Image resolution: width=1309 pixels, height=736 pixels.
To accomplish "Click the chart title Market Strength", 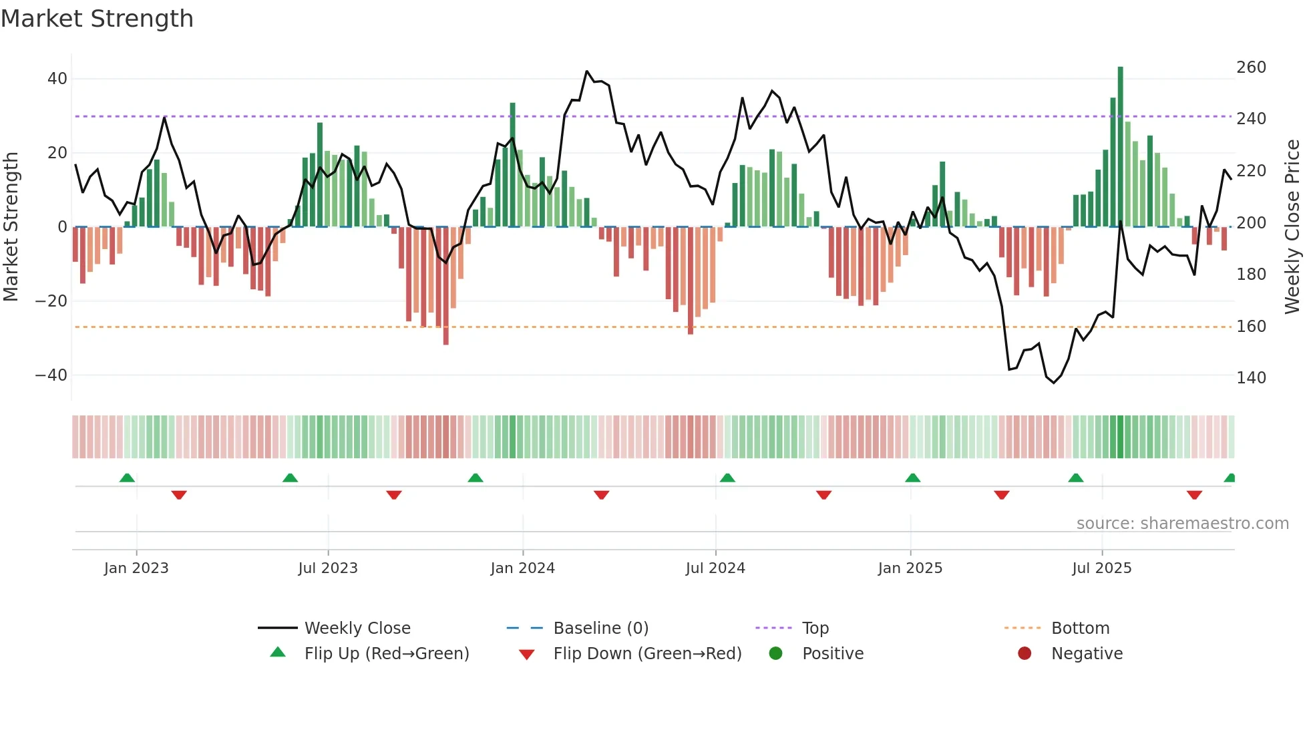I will click(x=97, y=19).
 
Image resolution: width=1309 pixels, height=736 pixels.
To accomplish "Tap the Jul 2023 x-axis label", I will click(x=328, y=568).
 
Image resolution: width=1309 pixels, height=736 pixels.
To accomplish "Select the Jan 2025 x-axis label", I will click(x=910, y=568).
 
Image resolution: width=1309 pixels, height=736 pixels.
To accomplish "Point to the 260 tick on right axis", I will click(x=1251, y=67).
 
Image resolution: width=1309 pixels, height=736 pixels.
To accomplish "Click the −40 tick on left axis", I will click(x=51, y=375).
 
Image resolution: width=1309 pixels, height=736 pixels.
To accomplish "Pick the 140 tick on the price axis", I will click(x=1251, y=378).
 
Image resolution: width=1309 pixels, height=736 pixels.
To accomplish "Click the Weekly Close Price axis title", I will click(x=1292, y=227).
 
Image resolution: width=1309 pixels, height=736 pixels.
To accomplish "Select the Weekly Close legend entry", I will click(x=357, y=628).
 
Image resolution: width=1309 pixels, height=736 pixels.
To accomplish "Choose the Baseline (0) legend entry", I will click(x=600, y=628).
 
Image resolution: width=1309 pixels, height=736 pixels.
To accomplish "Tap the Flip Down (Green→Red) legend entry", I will click(x=647, y=654).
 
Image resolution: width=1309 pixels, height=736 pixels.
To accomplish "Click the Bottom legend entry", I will click(x=1080, y=628).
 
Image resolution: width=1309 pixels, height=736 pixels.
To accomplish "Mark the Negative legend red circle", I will click(x=1024, y=654).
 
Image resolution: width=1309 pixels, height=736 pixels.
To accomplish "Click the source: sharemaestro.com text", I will click(x=1182, y=524).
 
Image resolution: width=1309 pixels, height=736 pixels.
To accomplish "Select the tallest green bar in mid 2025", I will click(x=1121, y=147).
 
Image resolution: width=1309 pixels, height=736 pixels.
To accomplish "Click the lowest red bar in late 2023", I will click(x=446, y=286).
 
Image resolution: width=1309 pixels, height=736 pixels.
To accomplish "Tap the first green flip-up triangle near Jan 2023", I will click(x=127, y=478).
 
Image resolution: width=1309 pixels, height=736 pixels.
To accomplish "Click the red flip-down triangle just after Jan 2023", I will click(x=179, y=495).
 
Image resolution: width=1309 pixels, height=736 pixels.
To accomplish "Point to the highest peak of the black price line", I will click(x=587, y=71).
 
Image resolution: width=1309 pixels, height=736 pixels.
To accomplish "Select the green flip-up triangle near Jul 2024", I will click(x=727, y=478).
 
